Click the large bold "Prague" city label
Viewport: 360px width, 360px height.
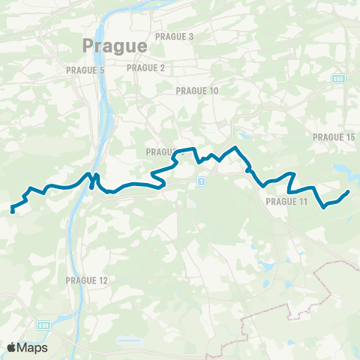pos(114,46)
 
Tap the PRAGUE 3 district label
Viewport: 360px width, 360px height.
pos(174,36)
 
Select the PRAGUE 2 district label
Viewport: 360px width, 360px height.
pos(145,67)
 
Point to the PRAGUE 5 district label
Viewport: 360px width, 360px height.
pos(85,70)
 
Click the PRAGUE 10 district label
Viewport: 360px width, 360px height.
pos(196,91)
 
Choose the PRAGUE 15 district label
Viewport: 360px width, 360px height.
pos(332,137)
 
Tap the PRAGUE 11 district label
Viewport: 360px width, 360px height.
pos(286,202)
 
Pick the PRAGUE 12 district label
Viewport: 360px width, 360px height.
pos(87,280)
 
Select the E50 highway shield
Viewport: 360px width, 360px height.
pos(45,325)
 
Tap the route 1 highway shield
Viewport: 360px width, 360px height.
pos(202,182)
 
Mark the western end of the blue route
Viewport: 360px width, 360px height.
pos(13,211)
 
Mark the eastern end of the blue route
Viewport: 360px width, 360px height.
pos(348,193)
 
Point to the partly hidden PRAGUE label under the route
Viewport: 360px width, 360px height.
pos(160,151)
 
